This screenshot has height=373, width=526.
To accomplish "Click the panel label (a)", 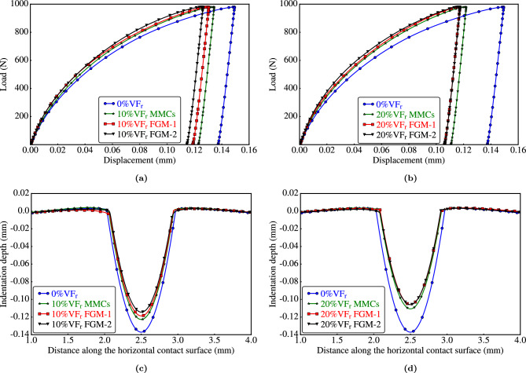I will pyautogui.click(x=140, y=177).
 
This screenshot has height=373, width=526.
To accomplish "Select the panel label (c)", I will pyautogui.click(x=140, y=367).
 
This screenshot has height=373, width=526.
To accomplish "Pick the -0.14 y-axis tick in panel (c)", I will pyautogui.click(x=16, y=333).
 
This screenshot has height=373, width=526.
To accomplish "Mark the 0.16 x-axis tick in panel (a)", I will pyautogui.click(x=249, y=148).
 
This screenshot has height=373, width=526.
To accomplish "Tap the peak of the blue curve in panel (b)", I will pyautogui.click(x=503, y=7).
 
